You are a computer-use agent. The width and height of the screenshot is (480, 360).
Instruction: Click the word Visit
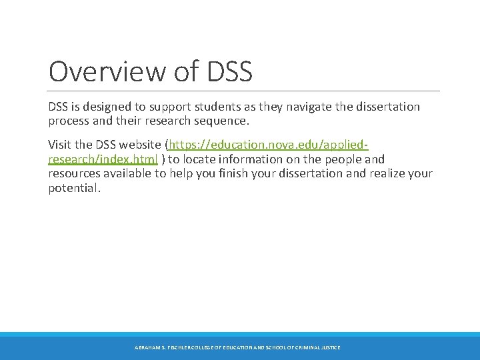point(61,145)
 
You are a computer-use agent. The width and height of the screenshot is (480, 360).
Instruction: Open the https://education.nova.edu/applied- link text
point(269,145)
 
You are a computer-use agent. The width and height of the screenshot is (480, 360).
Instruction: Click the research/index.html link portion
point(103,159)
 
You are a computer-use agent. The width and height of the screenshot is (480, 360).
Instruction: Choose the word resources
point(74,174)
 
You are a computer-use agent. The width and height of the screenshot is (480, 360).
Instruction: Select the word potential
point(74,189)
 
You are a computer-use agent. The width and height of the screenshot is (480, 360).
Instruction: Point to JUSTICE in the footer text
point(329,348)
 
